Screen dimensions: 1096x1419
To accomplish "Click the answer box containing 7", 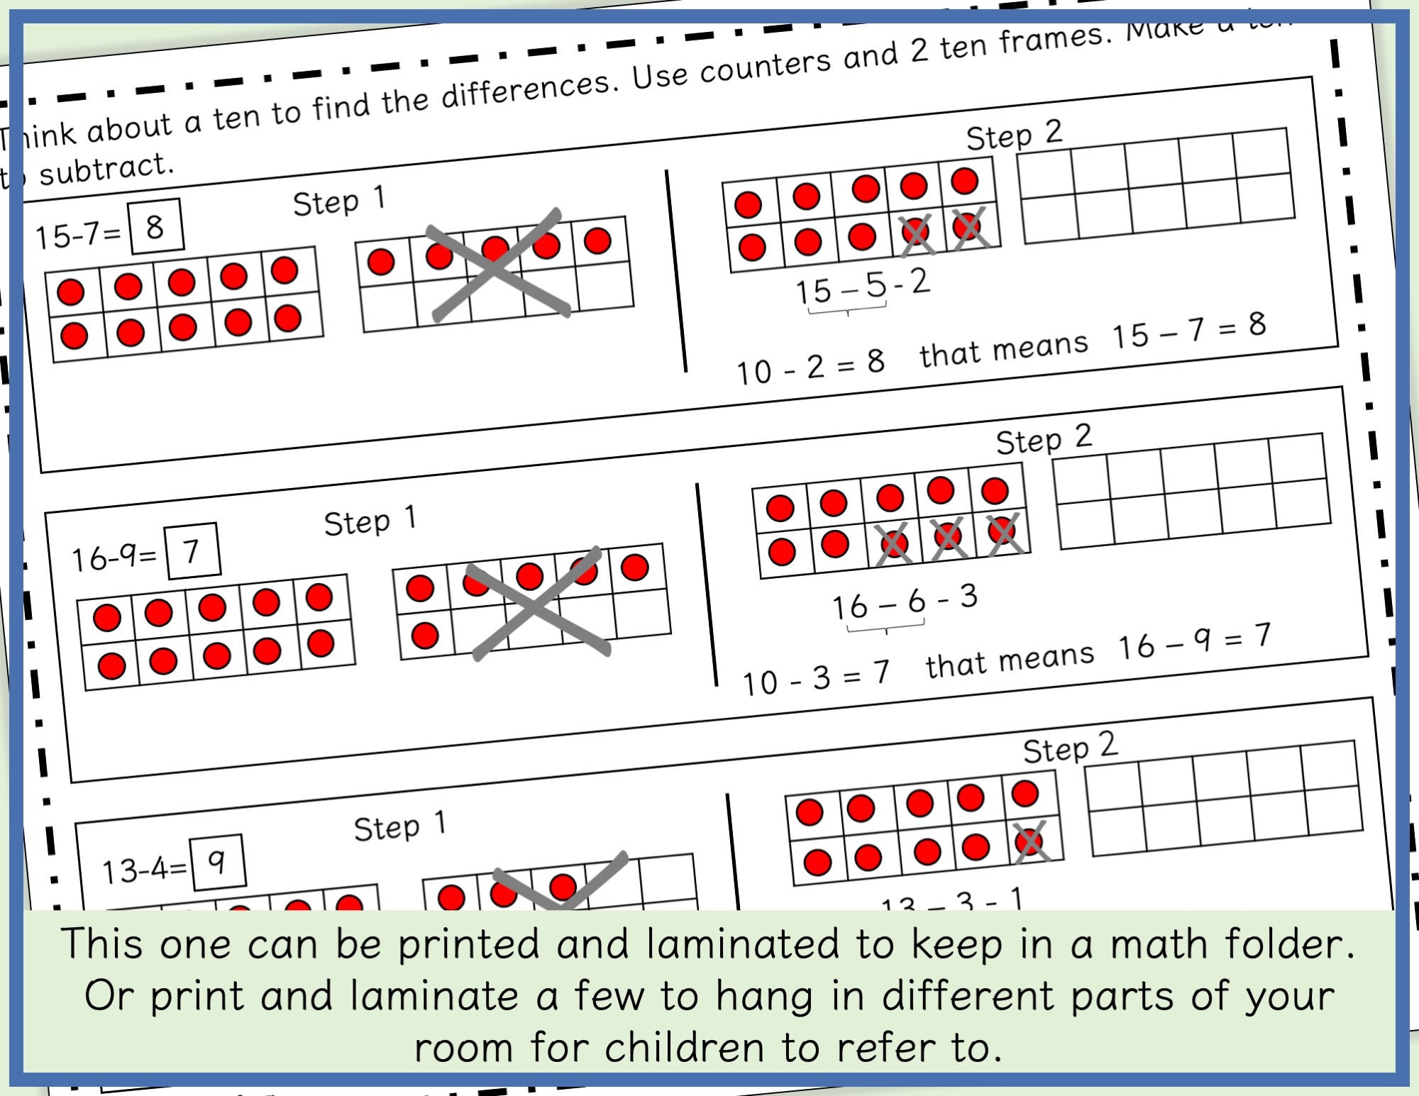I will pos(192,551).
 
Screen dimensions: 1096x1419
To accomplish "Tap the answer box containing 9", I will pos(219,861).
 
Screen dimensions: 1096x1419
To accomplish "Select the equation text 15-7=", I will pos(79,235).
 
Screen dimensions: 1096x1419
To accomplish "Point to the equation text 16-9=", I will pos(114,558).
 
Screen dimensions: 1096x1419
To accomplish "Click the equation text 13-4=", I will pos(144,869).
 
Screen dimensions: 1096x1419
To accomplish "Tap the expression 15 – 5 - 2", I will pos(862,287).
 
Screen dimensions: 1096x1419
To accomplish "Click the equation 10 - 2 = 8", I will pos(810,367).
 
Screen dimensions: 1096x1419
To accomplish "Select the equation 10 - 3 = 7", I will pos(816,677).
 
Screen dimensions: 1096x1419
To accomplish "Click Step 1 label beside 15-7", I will pos(339,201).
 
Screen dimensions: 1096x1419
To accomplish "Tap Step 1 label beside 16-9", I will pos(370,521).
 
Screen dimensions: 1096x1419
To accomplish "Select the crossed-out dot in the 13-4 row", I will pos(1029,843).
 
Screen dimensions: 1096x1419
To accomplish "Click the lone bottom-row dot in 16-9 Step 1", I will pos(425,635).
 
